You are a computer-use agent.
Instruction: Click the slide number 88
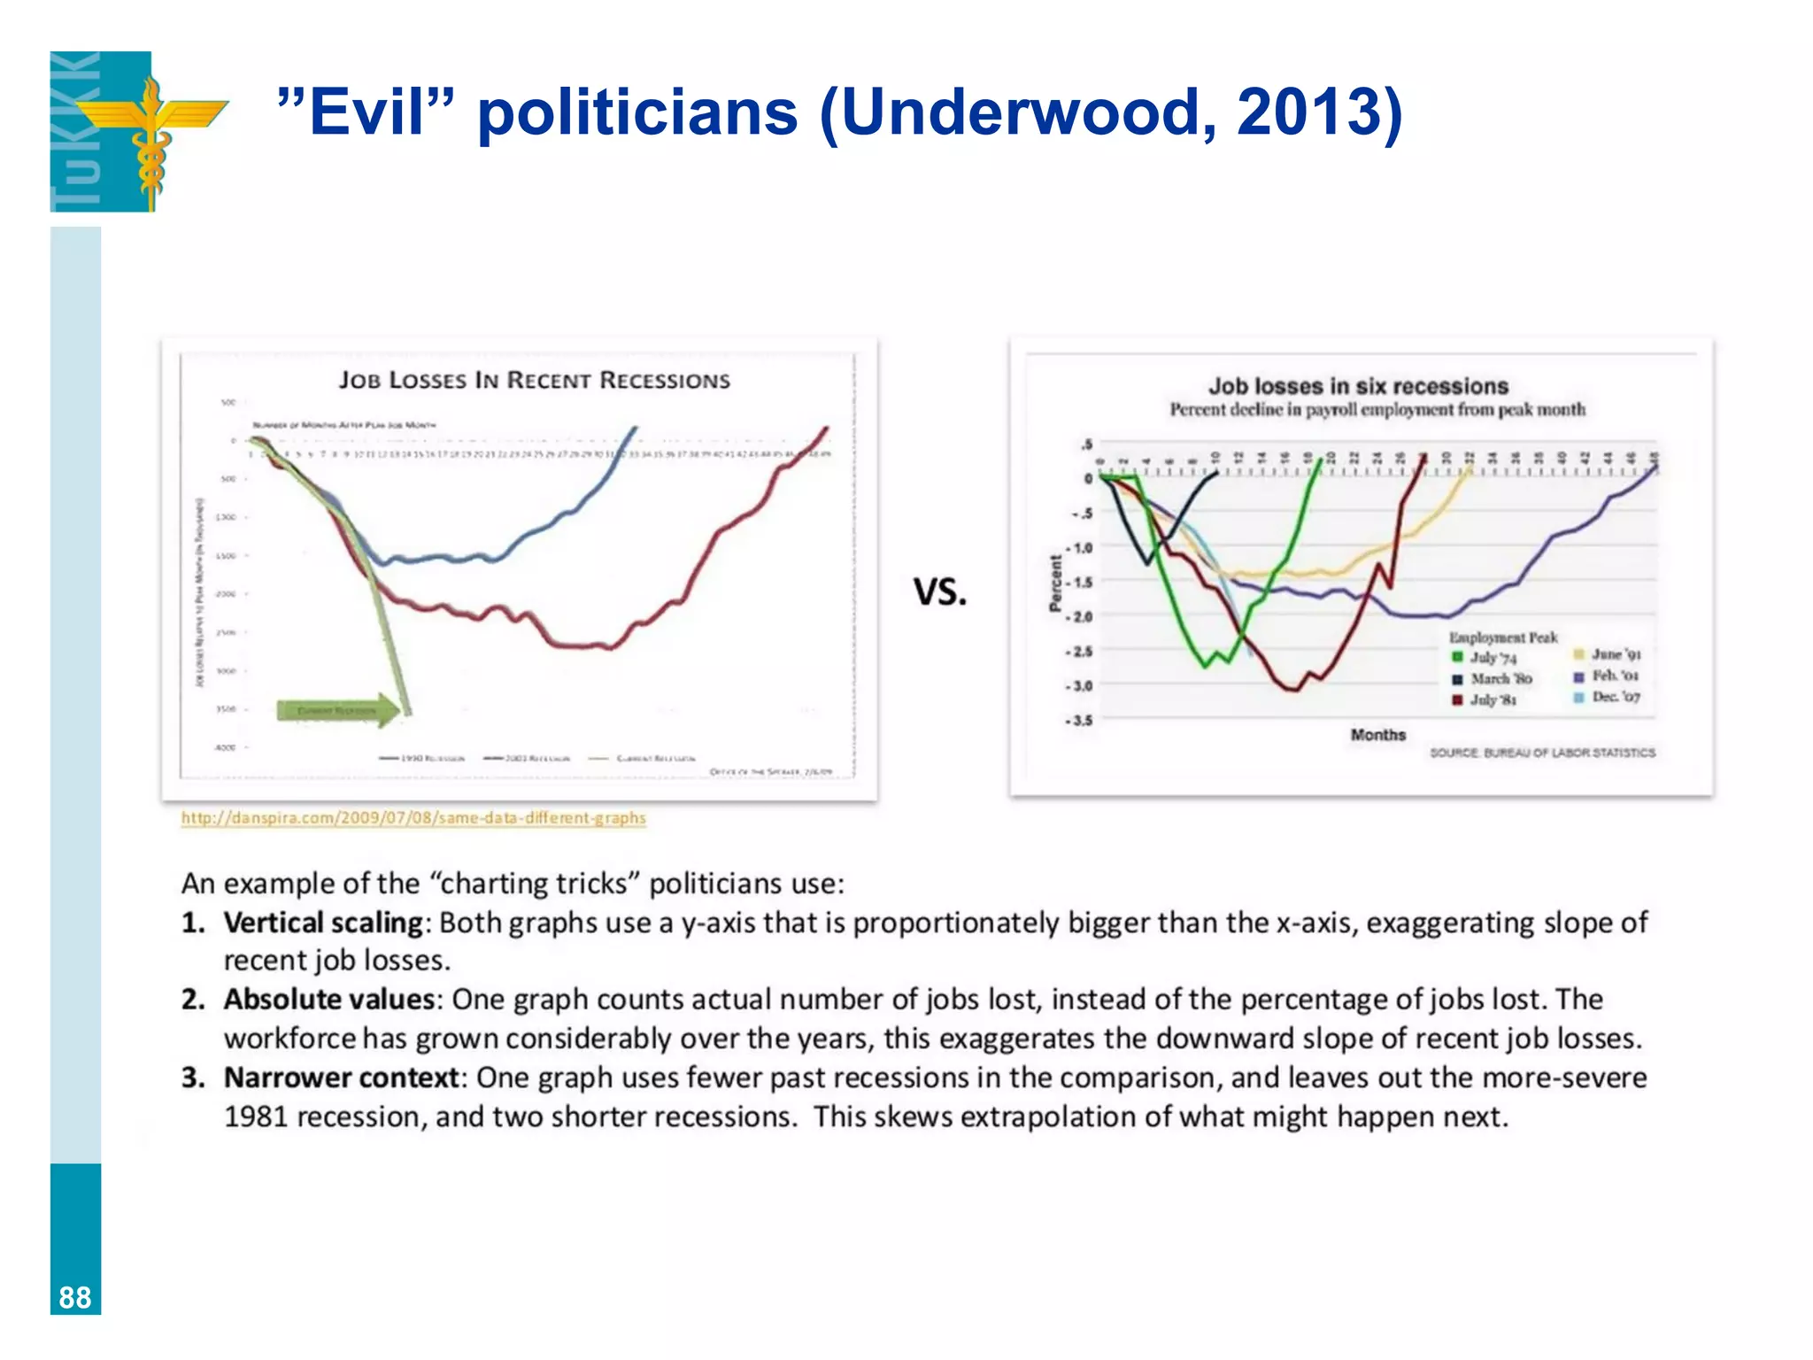(x=75, y=1297)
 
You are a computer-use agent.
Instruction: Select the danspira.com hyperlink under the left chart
(x=413, y=818)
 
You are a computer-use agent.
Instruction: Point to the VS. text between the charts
(x=940, y=591)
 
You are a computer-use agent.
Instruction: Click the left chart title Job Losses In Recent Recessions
(x=535, y=381)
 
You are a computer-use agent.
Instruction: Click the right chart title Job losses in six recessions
(x=1358, y=386)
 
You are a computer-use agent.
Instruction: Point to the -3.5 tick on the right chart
(x=1079, y=720)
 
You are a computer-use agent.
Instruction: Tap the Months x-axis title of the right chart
(x=1377, y=735)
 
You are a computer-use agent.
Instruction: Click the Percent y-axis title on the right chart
(x=1055, y=583)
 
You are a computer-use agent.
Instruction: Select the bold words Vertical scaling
(x=323, y=923)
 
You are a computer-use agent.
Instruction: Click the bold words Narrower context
(x=341, y=1078)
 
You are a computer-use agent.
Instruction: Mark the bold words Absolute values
(x=328, y=1000)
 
